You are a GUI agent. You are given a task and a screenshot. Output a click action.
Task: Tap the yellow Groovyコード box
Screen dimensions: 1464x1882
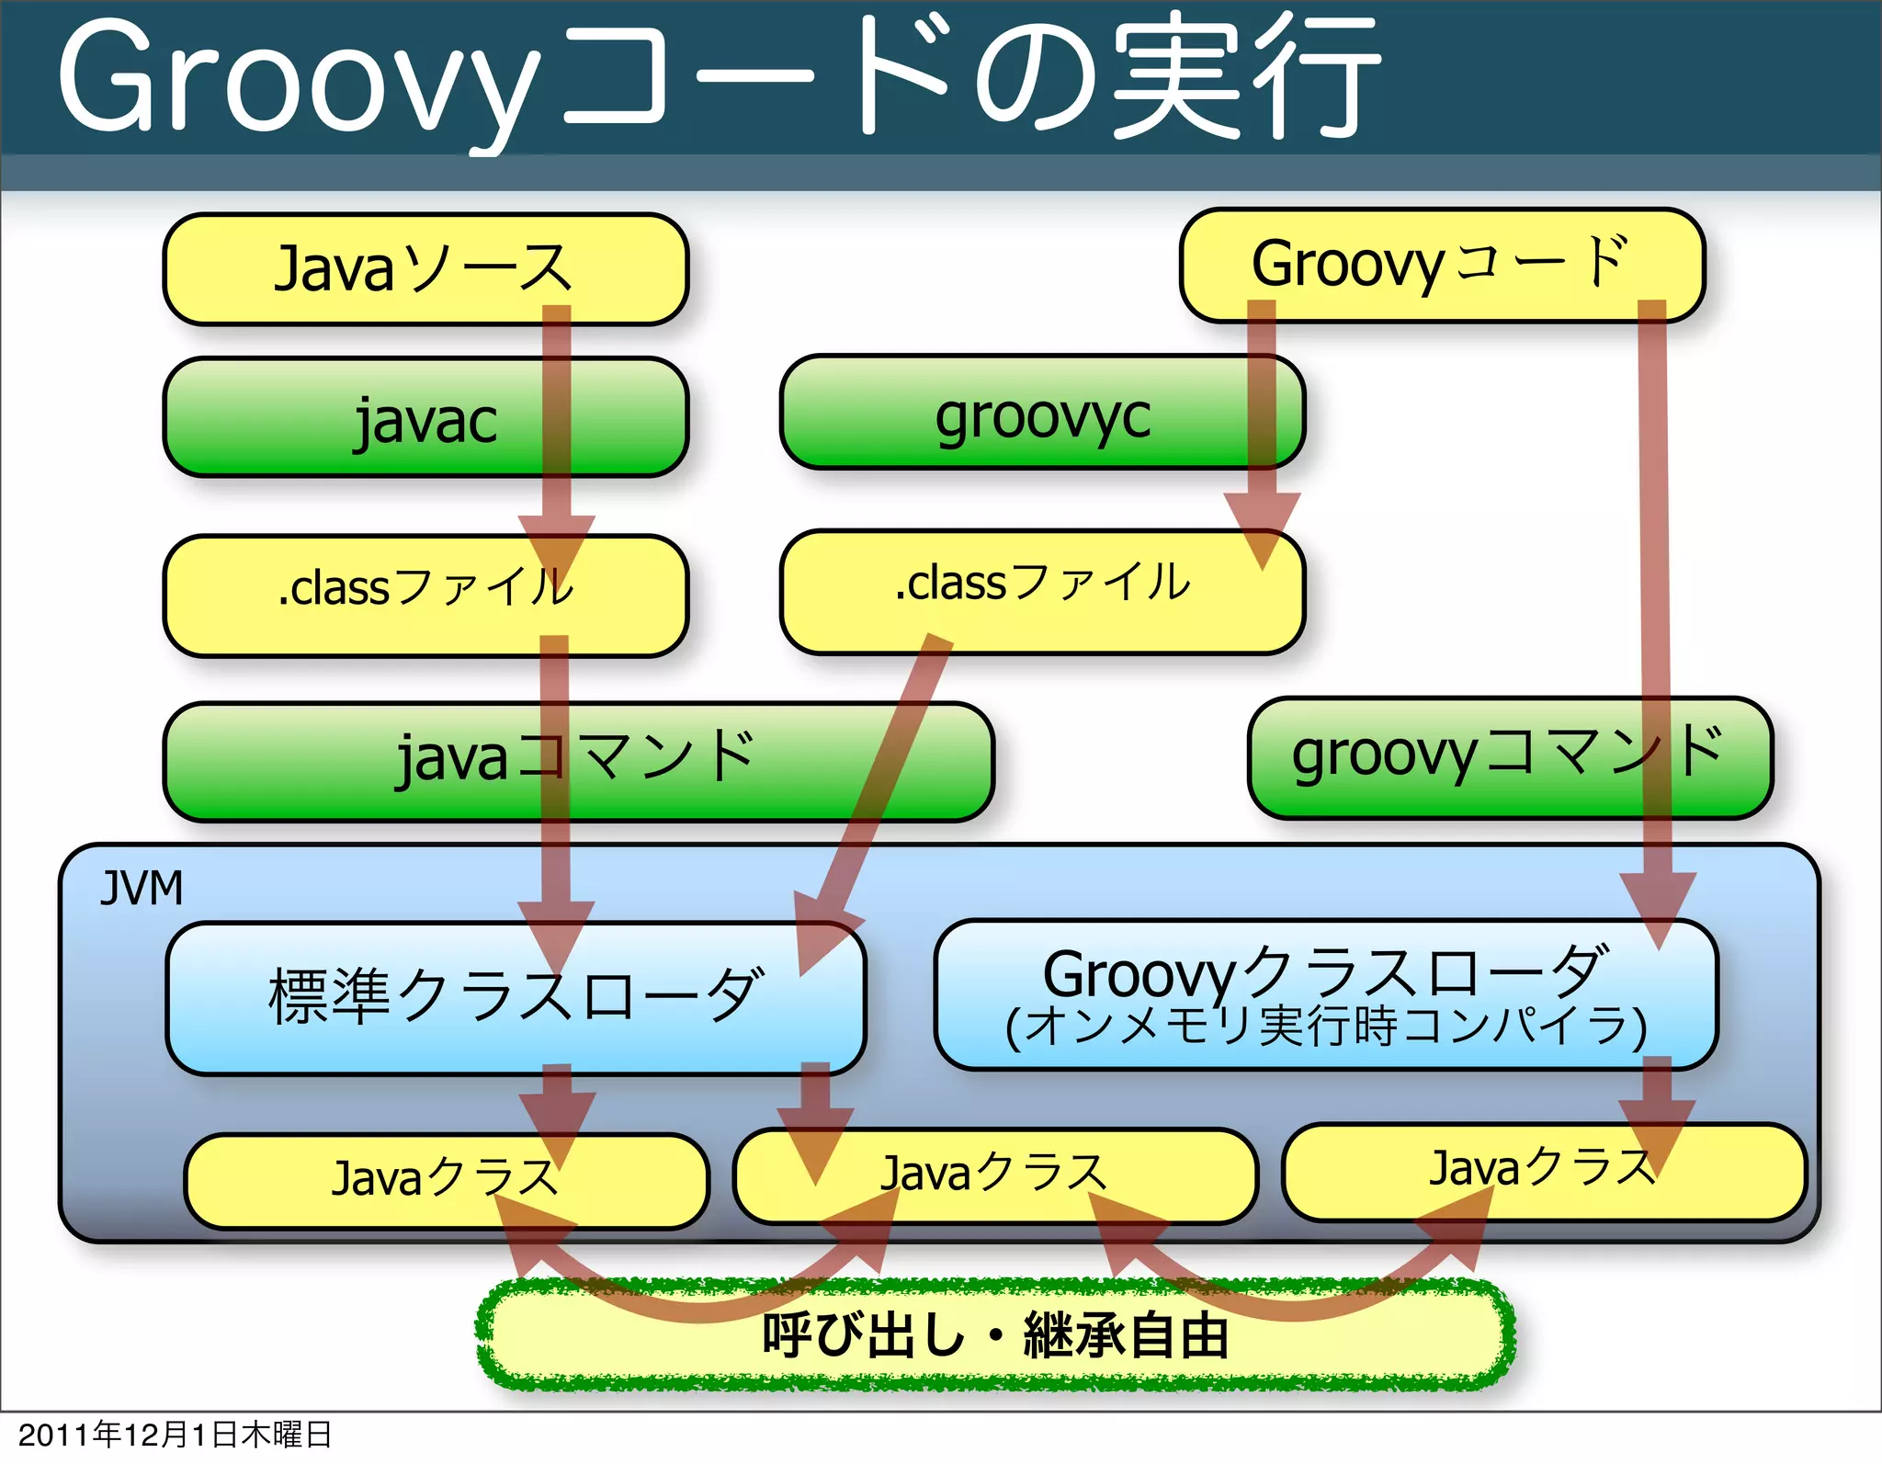coord(1441,265)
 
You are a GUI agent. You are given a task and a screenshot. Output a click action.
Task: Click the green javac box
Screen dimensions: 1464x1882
coord(425,418)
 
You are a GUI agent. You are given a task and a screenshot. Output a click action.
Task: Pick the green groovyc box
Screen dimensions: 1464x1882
coord(1041,414)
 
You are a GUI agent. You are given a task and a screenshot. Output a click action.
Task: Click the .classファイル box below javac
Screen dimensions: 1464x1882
coord(425,595)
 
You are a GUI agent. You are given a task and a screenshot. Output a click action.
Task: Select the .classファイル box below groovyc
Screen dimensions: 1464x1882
coord(1041,591)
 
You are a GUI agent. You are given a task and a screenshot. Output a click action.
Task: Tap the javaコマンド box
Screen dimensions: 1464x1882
coord(577,761)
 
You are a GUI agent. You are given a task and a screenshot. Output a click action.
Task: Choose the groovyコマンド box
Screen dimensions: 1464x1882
coord(1509,757)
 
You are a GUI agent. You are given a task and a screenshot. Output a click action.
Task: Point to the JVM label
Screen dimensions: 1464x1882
coord(142,889)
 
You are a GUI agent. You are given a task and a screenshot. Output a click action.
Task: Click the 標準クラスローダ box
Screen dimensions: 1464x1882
coord(515,997)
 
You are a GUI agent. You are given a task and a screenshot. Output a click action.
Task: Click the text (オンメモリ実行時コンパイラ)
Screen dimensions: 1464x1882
coord(1325,1027)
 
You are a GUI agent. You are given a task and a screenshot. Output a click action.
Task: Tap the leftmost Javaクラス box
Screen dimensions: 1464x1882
coord(446,1179)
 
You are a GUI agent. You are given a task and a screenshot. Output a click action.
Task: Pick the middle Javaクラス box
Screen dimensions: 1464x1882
coord(994,1175)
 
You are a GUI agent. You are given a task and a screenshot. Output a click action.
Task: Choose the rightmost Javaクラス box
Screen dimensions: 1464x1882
coord(1542,1169)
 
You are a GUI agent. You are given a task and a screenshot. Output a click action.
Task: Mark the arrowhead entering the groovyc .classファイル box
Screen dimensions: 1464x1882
coord(1263,528)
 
